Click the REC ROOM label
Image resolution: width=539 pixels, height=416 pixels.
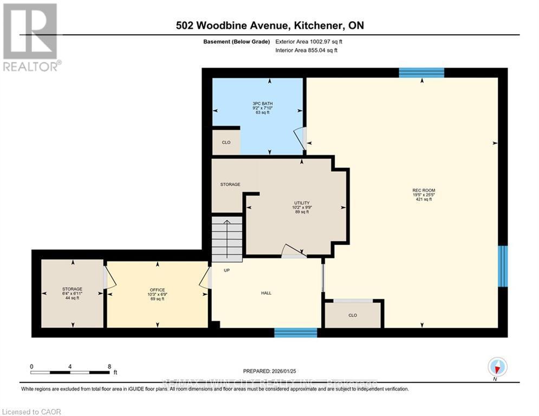424,190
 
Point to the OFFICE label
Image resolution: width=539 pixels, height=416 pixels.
157,290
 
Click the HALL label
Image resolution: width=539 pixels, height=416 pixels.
266,293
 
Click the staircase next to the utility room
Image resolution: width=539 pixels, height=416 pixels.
227,238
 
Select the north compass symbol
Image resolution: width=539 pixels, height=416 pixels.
496,367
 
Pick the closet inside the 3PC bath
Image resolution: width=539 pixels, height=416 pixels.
226,142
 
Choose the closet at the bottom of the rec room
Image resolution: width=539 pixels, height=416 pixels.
353,314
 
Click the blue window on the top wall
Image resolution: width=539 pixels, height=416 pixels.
421,73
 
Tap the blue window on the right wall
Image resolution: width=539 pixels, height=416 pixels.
502,265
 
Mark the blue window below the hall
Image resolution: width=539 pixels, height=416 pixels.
295,333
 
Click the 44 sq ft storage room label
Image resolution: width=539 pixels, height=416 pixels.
72,293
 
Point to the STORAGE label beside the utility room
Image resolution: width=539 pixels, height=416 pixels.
230,185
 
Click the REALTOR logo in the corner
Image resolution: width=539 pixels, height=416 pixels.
31,37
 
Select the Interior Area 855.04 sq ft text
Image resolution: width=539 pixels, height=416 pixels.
306,50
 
